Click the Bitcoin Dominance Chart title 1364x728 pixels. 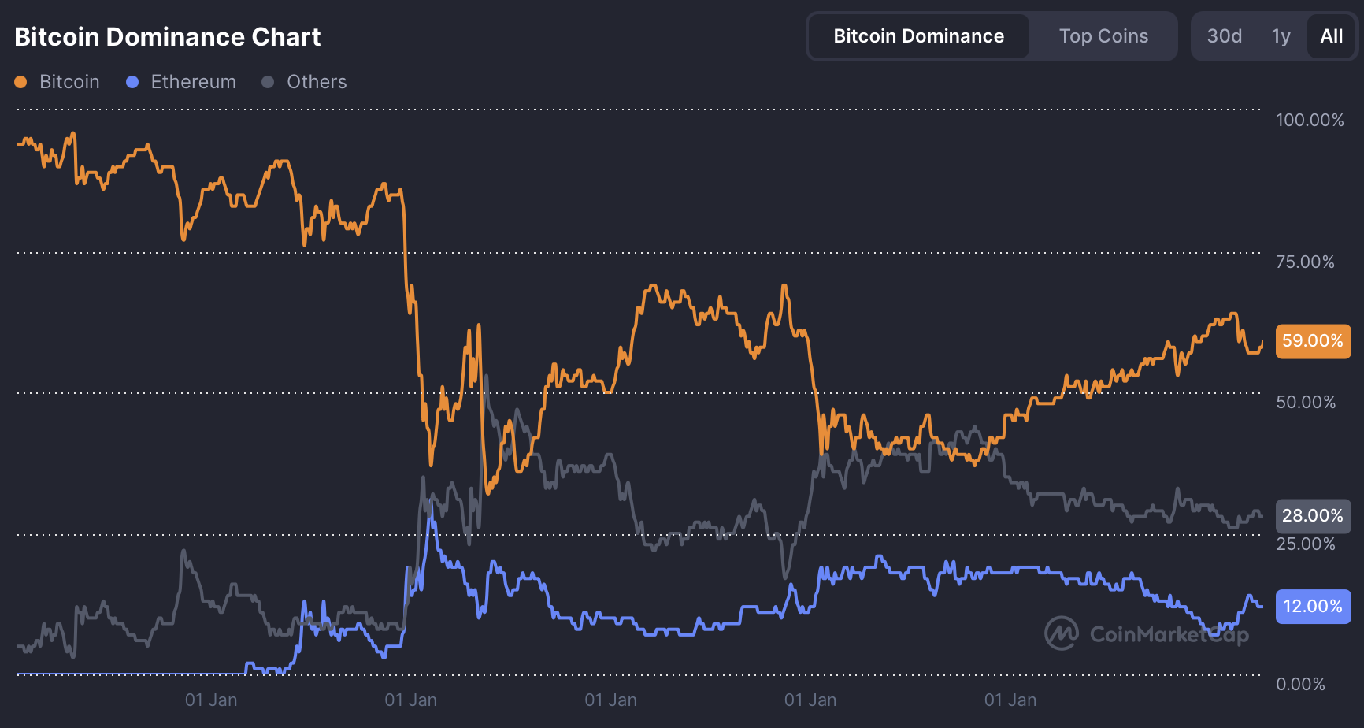tap(167, 37)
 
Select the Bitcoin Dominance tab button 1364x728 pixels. tap(918, 36)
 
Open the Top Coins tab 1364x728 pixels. tap(1103, 36)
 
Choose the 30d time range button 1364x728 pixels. tap(1224, 36)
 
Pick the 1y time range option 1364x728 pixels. tap(1281, 36)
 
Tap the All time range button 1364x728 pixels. tap(1331, 36)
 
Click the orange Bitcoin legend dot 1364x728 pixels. tap(21, 82)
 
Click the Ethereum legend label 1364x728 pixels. tap(193, 82)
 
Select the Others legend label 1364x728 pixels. tap(317, 82)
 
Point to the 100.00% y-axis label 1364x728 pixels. tap(1310, 120)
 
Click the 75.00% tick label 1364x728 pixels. tap(1305, 262)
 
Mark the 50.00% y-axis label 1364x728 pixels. tap(1306, 402)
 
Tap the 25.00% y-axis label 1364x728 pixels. tap(1306, 544)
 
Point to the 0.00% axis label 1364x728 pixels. tap(1300, 684)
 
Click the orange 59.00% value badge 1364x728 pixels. tap(1312, 341)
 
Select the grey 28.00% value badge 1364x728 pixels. tap(1312, 516)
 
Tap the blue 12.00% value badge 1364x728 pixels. tap(1312, 607)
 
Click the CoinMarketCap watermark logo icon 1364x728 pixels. tap(1061, 633)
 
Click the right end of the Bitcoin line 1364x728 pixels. tap(1262, 343)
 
